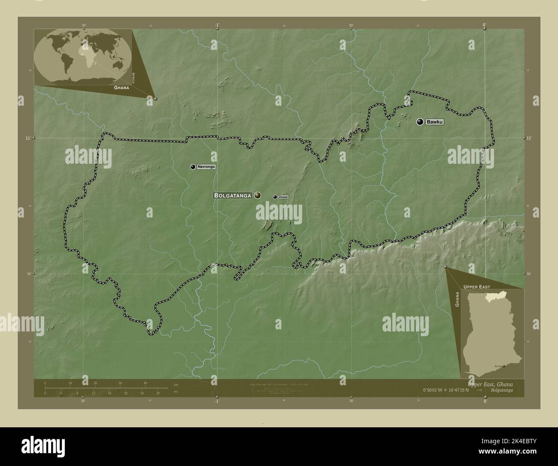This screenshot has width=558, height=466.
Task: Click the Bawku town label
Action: (x=434, y=122)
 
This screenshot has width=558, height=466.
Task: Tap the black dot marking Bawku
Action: (x=420, y=122)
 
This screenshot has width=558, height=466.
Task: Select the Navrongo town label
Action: (x=206, y=167)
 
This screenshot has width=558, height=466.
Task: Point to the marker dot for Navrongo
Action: (x=193, y=167)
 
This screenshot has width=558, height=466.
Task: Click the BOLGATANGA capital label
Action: (x=233, y=196)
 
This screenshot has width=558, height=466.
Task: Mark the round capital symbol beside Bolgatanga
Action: (x=257, y=196)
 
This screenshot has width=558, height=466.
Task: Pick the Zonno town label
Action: (x=283, y=197)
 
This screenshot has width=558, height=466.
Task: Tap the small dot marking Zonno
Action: (x=275, y=197)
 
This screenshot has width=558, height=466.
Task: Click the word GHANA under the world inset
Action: (x=121, y=87)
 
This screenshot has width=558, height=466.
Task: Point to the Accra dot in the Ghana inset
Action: (x=504, y=366)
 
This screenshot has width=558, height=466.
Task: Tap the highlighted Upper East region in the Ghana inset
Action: (x=494, y=297)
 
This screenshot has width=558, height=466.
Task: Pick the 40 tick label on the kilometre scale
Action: (x=145, y=383)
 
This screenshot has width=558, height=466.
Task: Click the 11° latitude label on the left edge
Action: (x=27, y=138)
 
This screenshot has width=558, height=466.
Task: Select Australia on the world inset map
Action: (x=117, y=64)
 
